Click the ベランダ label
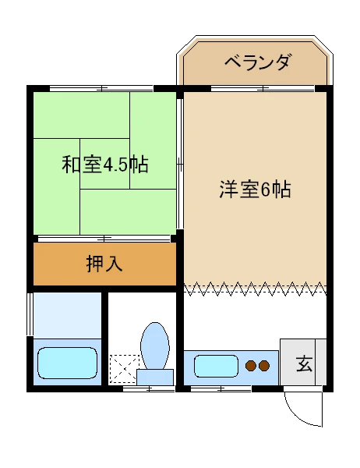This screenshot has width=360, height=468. (x=257, y=62)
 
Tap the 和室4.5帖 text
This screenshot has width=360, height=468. (x=105, y=165)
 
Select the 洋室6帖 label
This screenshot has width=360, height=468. (x=255, y=190)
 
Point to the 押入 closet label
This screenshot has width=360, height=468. (x=104, y=264)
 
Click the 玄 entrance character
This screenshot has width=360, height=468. (x=304, y=363)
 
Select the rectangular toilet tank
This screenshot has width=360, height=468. (x=155, y=378)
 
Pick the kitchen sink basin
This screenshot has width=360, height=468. (x=216, y=365)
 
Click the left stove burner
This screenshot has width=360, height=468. (x=251, y=364)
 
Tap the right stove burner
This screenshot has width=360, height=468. (x=264, y=364)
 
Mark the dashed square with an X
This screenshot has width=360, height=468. (x=123, y=369)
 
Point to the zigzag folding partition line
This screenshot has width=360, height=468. (x=255, y=289)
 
